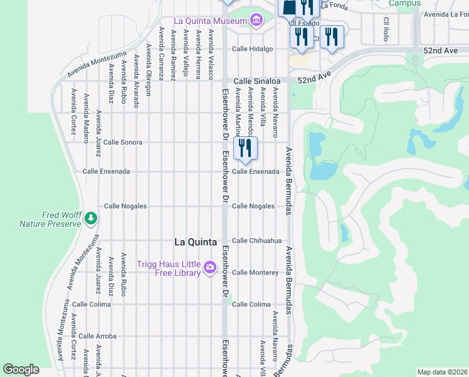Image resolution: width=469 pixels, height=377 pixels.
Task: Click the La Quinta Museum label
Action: coord(209,21)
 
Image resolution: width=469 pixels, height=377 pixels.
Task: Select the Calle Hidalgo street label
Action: coord(252,48)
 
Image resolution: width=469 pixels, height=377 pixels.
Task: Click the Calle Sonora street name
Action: coord(123,143)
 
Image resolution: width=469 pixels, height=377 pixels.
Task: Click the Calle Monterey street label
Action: coord(255,273)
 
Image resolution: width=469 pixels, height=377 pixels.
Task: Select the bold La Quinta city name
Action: coord(196,242)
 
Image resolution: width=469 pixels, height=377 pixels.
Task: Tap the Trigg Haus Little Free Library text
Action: coord(169,268)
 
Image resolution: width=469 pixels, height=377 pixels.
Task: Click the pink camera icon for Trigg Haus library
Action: coord(210,269)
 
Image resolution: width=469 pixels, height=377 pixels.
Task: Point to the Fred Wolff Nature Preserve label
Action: coord(50,219)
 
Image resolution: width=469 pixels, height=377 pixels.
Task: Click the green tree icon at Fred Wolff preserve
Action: coord(92,217)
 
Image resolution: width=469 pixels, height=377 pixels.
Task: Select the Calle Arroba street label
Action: coord(97,336)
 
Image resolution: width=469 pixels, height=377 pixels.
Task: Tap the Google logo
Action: coord(21,369)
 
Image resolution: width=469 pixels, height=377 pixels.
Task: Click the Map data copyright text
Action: coord(441,372)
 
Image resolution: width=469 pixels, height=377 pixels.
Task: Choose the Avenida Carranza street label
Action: coord(162,53)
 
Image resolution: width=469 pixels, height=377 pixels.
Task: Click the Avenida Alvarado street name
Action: coord(136,81)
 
